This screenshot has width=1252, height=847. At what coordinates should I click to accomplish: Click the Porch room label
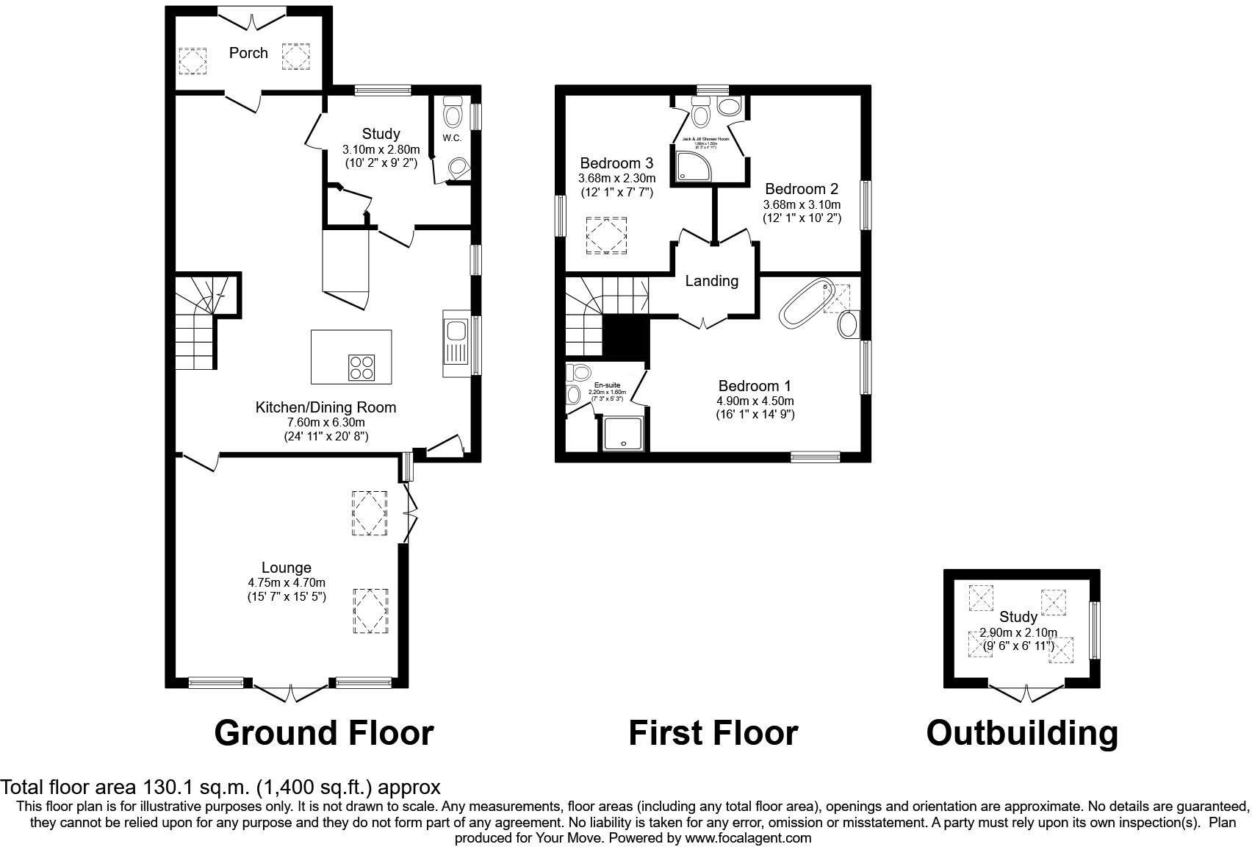pos(248,53)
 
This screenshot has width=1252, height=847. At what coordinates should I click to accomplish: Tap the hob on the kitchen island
pos(361,367)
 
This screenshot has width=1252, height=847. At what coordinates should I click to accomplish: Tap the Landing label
pos(711,281)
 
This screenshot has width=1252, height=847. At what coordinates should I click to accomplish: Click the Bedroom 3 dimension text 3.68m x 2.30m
pos(616,179)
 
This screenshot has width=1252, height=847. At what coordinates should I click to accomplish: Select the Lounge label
pos(287,568)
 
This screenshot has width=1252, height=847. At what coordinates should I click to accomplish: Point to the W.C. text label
pos(452,138)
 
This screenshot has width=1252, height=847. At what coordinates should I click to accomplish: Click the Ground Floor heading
pos(324,733)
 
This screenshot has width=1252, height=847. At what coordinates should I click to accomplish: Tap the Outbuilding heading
pos(1022,733)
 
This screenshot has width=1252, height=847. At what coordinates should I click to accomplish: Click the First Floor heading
pos(713,733)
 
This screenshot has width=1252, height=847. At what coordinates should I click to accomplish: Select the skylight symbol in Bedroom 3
pos(605,236)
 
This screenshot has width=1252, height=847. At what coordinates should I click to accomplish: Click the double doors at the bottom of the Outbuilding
pos(1026,691)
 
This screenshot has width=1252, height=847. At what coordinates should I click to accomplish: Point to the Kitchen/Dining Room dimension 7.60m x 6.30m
pos(325,422)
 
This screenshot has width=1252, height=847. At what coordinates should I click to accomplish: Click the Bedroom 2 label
pos(801,189)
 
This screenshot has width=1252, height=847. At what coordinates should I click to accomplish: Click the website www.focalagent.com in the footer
pos(748,837)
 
